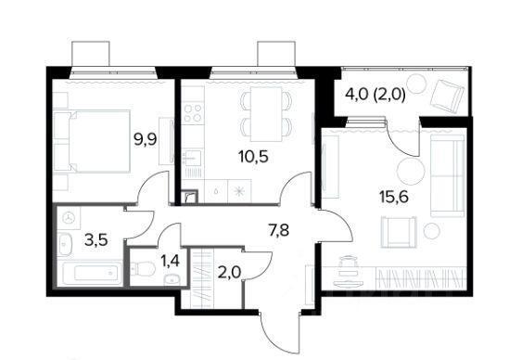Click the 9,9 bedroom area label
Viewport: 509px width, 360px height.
tap(146, 140)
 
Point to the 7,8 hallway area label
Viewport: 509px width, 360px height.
tap(279, 230)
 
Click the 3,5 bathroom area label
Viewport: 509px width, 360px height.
tap(95, 240)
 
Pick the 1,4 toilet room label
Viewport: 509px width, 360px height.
tap(172, 261)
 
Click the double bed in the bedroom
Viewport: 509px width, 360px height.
tap(92, 141)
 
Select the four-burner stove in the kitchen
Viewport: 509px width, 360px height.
tap(193, 113)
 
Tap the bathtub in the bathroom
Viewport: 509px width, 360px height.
tap(91, 273)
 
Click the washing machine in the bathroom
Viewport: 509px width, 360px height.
tap(69, 218)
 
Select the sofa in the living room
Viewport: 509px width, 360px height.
tap(447, 175)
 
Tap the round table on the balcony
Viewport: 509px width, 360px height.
tap(416, 84)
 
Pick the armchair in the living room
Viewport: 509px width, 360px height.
tap(398, 233)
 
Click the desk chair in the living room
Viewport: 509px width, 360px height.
tap(348, 271)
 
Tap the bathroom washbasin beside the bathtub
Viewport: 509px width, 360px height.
tap(65, 244)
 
